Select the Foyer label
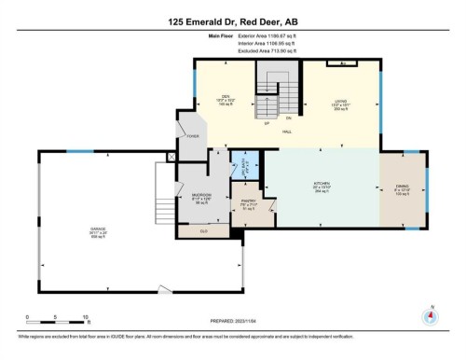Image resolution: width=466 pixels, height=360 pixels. click(194, 136)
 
